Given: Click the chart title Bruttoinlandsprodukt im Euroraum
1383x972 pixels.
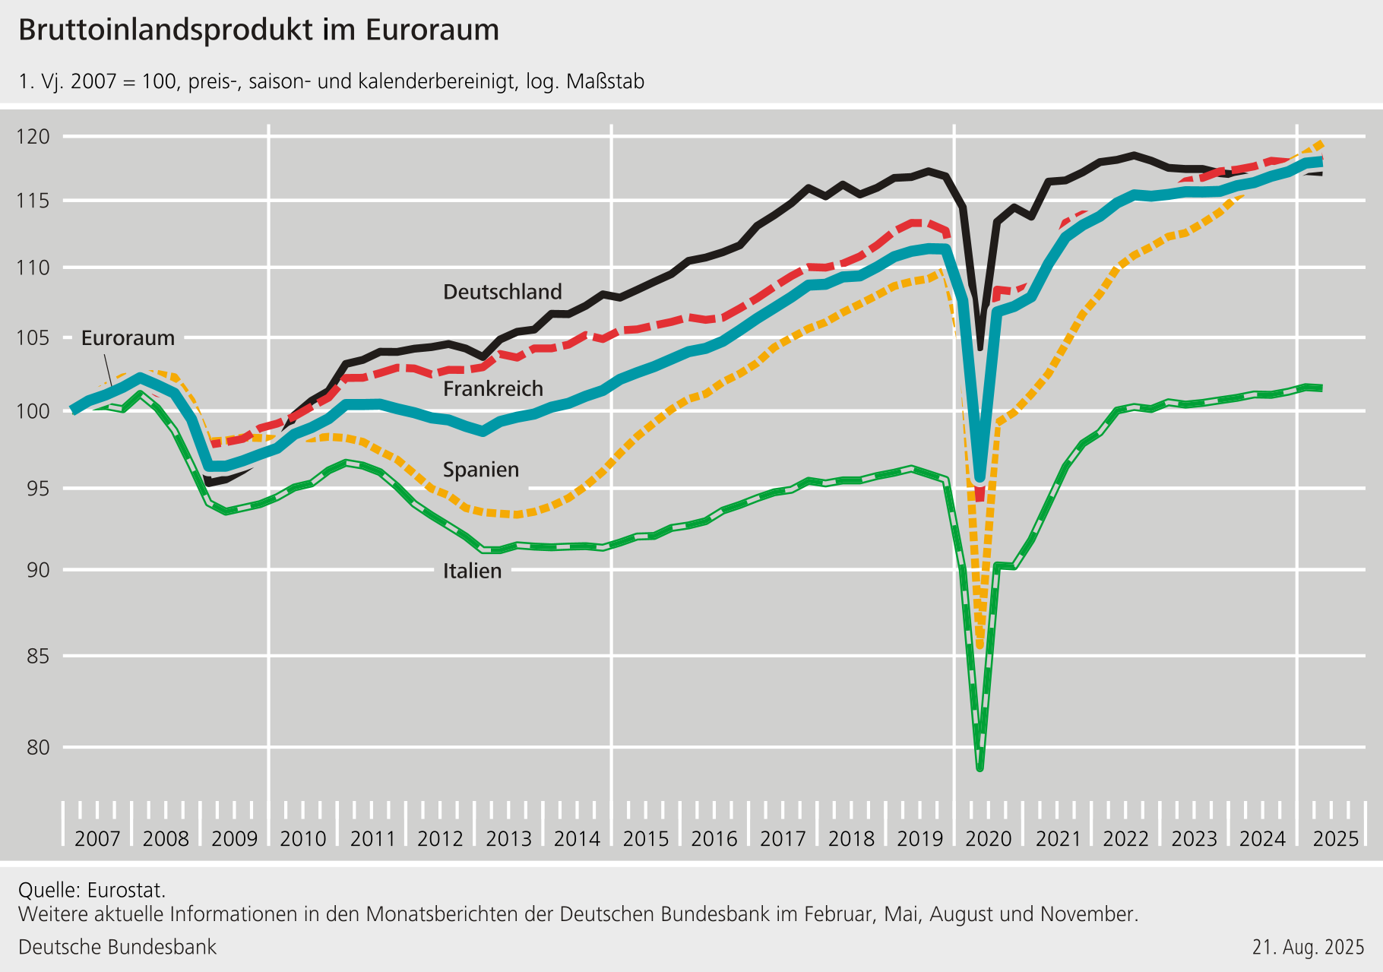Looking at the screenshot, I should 258,30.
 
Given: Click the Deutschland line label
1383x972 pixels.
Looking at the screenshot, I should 502,292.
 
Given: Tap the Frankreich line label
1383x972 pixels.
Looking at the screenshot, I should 493,389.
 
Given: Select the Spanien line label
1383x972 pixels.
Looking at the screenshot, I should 480,470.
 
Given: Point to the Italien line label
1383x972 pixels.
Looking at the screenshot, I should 472,571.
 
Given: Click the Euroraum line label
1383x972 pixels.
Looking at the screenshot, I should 128,338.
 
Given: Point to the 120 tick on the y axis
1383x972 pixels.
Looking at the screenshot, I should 33,137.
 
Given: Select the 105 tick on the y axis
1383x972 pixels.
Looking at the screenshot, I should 33,337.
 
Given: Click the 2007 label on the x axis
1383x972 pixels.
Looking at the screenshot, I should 97,839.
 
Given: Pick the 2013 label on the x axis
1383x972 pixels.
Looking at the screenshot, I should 508,839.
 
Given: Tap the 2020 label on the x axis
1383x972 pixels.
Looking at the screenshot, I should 988,839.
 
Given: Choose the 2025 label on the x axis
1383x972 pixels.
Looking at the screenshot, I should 1335,839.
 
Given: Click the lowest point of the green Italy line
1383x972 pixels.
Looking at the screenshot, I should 980,768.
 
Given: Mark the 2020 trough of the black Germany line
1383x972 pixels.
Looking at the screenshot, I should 980,348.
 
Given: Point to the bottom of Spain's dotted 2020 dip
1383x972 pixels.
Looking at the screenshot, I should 980,646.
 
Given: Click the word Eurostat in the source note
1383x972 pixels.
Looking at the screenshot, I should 125,890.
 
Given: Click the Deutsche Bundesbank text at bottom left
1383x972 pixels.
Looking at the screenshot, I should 117,947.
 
